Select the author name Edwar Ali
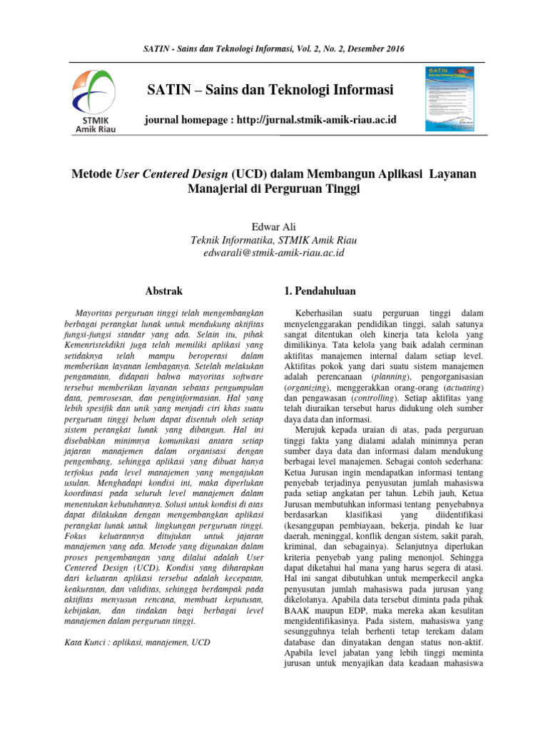pos(274,226)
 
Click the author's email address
pos(274,253)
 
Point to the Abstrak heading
pos(163,291)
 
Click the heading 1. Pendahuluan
pos(320,291)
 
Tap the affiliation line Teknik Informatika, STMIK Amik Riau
pos(274,240)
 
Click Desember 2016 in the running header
pos(374,48)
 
